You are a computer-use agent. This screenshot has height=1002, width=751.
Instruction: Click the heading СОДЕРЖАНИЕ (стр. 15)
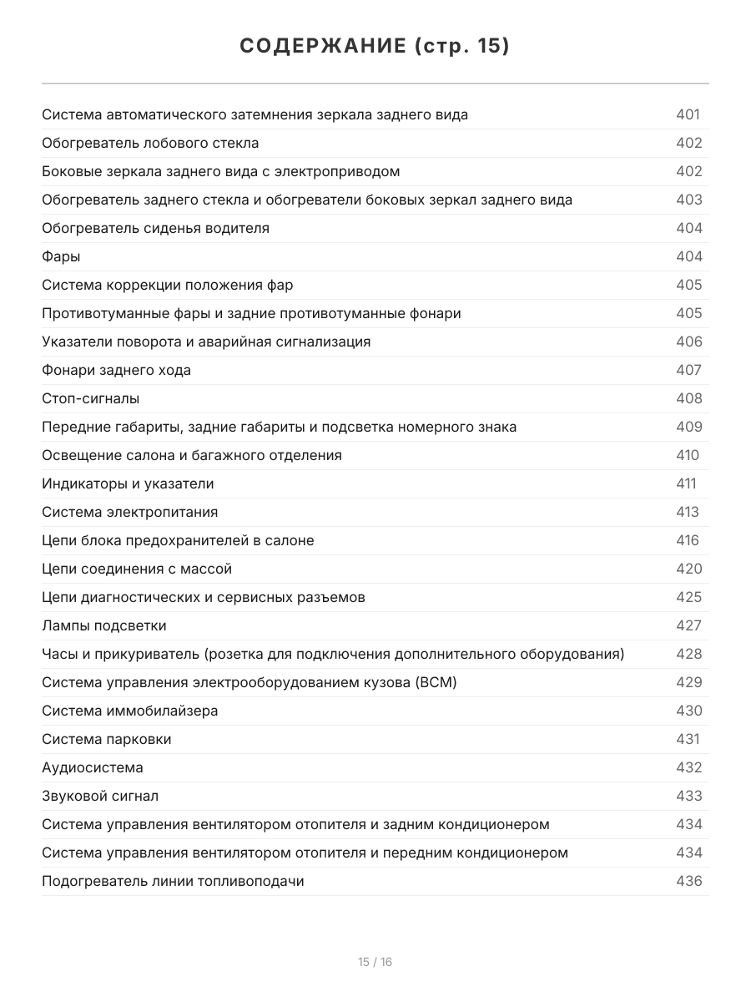point(375,46)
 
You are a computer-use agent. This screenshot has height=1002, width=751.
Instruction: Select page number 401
point(688,115)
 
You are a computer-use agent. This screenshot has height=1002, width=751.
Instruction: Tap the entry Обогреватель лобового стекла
point(150,144)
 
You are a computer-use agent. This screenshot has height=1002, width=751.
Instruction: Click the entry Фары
point(61,257)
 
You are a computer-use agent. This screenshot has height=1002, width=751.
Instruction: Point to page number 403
point(689,200)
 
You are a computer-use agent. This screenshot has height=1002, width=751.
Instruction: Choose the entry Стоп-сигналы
point(91,399)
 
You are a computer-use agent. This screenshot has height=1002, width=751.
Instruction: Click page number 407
point(689,371)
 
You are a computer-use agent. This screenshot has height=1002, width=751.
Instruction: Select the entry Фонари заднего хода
point(116,371)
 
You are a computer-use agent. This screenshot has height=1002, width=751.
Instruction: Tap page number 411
point(686,484)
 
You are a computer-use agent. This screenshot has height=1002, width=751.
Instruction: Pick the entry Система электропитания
point(129,513)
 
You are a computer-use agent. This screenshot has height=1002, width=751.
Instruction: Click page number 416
point(688,541)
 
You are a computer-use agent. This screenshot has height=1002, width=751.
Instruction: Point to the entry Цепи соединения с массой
point(137,569)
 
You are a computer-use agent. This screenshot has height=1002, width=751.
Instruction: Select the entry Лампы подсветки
point(104,626)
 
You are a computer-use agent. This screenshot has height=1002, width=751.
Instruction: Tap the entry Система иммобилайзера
point(129,711)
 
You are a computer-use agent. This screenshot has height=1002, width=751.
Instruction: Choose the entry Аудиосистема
point(93,768)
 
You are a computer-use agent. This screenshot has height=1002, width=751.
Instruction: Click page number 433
point(689,797)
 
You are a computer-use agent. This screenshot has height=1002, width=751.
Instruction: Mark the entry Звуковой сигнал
point(100,797)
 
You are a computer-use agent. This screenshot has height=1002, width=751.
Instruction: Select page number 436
point(689,882)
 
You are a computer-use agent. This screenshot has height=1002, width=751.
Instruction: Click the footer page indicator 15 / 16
point(375,962)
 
